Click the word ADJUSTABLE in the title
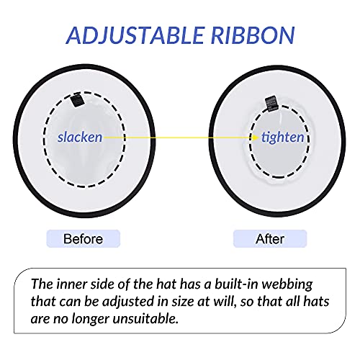[135, 35]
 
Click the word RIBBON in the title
[253, 35]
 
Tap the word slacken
[80, 137]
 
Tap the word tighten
[283, 138]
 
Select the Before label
[83, 239]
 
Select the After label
[270, 239]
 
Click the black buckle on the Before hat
[78, 101]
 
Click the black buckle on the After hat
[272, 104]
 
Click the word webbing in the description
[287, 285]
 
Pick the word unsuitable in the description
[145, 319]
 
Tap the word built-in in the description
[236, 284]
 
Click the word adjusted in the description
[128, 302]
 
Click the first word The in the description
[42, 284]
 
